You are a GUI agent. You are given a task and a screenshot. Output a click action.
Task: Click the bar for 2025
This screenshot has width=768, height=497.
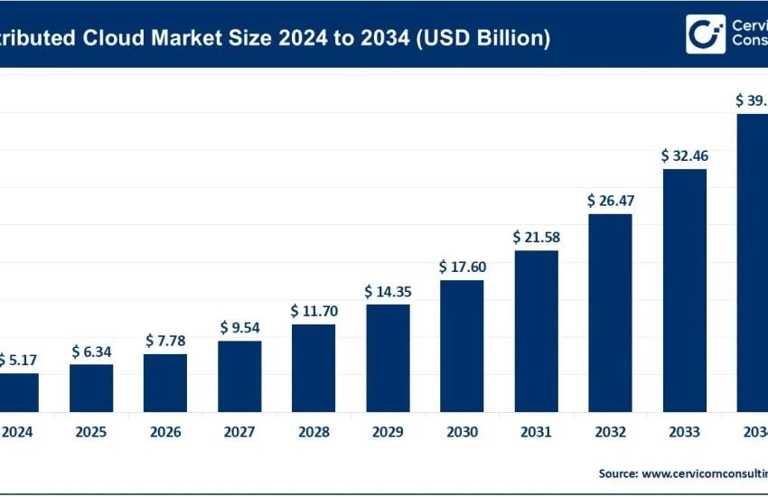pos(91,388)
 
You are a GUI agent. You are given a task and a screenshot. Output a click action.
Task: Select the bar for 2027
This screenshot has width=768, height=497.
pos(239,376)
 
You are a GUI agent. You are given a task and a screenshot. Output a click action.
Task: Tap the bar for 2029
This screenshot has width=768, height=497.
pos(388,358)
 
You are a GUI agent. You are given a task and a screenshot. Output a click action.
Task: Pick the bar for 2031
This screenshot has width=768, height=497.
pos(536,331)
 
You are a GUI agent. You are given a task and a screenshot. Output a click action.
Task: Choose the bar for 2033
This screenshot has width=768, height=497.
pos(684,290)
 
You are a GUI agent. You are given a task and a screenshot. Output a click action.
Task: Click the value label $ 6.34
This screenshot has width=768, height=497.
pos(91,351)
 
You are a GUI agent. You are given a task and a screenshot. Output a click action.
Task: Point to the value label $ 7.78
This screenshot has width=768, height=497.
pos(165,341)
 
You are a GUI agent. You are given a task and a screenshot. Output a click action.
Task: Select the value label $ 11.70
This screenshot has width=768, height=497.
pos(314,311)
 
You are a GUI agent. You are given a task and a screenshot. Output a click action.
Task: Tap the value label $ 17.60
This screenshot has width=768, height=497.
pos(462,267)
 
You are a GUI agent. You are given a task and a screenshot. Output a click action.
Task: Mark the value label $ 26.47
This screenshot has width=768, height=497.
pos(610,200)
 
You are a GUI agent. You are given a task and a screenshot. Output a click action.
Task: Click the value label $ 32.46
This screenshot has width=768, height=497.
pos(684,155)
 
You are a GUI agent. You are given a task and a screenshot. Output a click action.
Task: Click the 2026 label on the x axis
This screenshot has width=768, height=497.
pos(165,433)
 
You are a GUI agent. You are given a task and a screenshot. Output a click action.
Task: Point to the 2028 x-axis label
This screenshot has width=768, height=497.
pos(314,433)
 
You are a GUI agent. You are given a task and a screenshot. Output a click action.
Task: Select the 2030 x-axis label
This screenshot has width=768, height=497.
pos(462,433)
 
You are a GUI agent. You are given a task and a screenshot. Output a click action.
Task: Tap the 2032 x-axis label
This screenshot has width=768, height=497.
pos(610,433)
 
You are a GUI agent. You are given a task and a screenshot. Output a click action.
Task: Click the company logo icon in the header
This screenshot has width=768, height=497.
pos(706,33)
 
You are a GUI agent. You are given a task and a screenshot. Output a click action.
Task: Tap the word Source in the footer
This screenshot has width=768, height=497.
pos(617,473)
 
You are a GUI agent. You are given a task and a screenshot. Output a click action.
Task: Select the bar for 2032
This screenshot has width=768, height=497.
pos(610,313)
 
